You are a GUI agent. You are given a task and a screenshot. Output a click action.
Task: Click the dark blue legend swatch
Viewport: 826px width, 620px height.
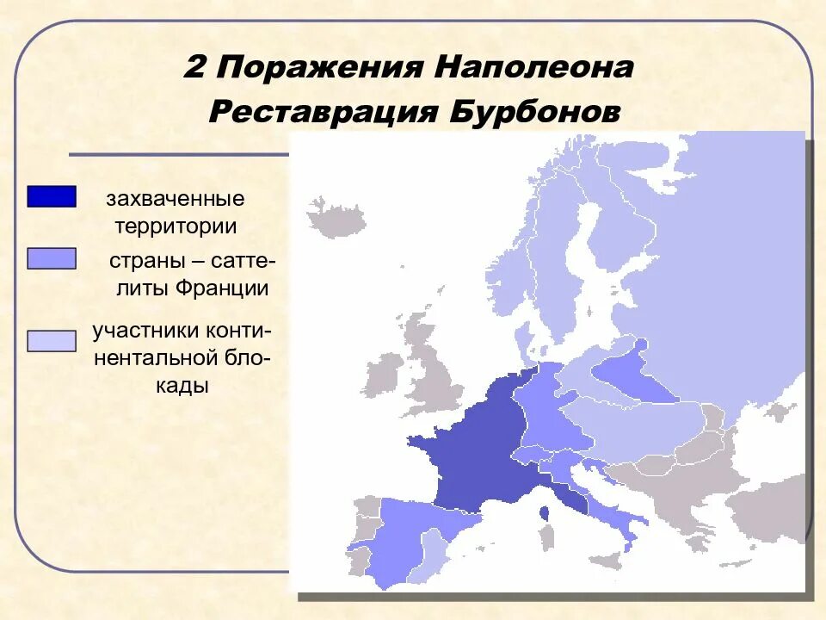pos(52,196)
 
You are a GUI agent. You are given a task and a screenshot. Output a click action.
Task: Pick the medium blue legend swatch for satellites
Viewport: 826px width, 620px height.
pos(52,258)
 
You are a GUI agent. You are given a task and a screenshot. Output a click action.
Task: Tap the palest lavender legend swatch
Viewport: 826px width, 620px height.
pos(52,341)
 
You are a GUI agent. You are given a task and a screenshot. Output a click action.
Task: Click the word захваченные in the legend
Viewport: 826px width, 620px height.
pos(176,199)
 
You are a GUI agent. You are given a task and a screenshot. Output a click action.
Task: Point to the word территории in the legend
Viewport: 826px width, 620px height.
pos(176,227)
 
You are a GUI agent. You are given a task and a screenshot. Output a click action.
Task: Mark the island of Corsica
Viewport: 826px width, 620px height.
pos(545,514)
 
